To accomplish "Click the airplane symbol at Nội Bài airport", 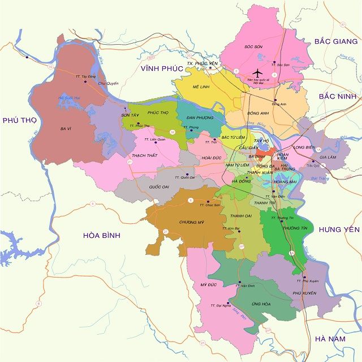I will click(x=258, y=73).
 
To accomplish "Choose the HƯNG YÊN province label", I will click(x=339, y=229).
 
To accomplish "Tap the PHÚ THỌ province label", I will click(x=20, y=120).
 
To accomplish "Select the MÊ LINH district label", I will click(x=201, y=88).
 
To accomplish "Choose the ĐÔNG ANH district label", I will click(x=258, y=113).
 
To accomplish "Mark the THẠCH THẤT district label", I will click(x=144, y=155).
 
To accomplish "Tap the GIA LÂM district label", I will click(x=328, y=157).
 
